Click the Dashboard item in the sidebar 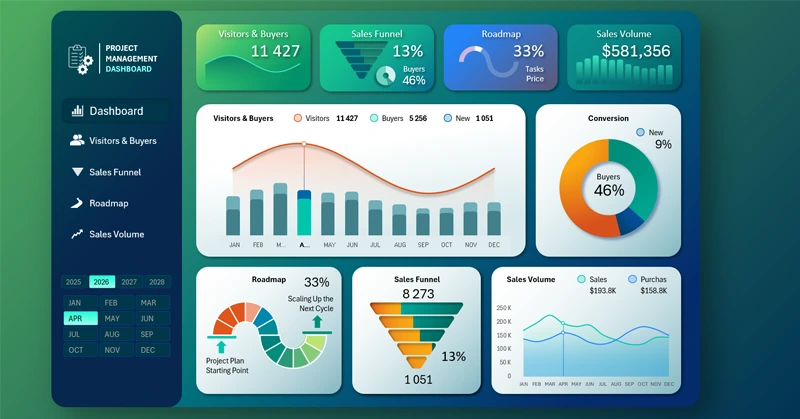click(116, 111)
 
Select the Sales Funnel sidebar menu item click(115, 172)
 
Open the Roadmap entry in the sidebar click(109, 203)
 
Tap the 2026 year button click(102, 282)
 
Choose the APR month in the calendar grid click(75, 318)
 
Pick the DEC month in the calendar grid click(148, 350)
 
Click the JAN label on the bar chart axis click(234, 245)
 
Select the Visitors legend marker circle click(297, 118)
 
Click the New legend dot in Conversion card click(640, 132)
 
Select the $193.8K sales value click(603, 290)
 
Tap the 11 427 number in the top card click(275, 51)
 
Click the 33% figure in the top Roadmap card click(528, 51)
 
